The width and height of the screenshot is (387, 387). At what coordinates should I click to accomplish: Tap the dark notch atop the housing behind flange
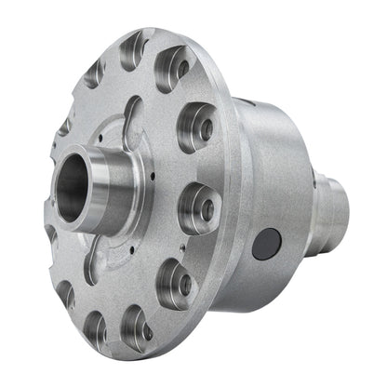(245, 103)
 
